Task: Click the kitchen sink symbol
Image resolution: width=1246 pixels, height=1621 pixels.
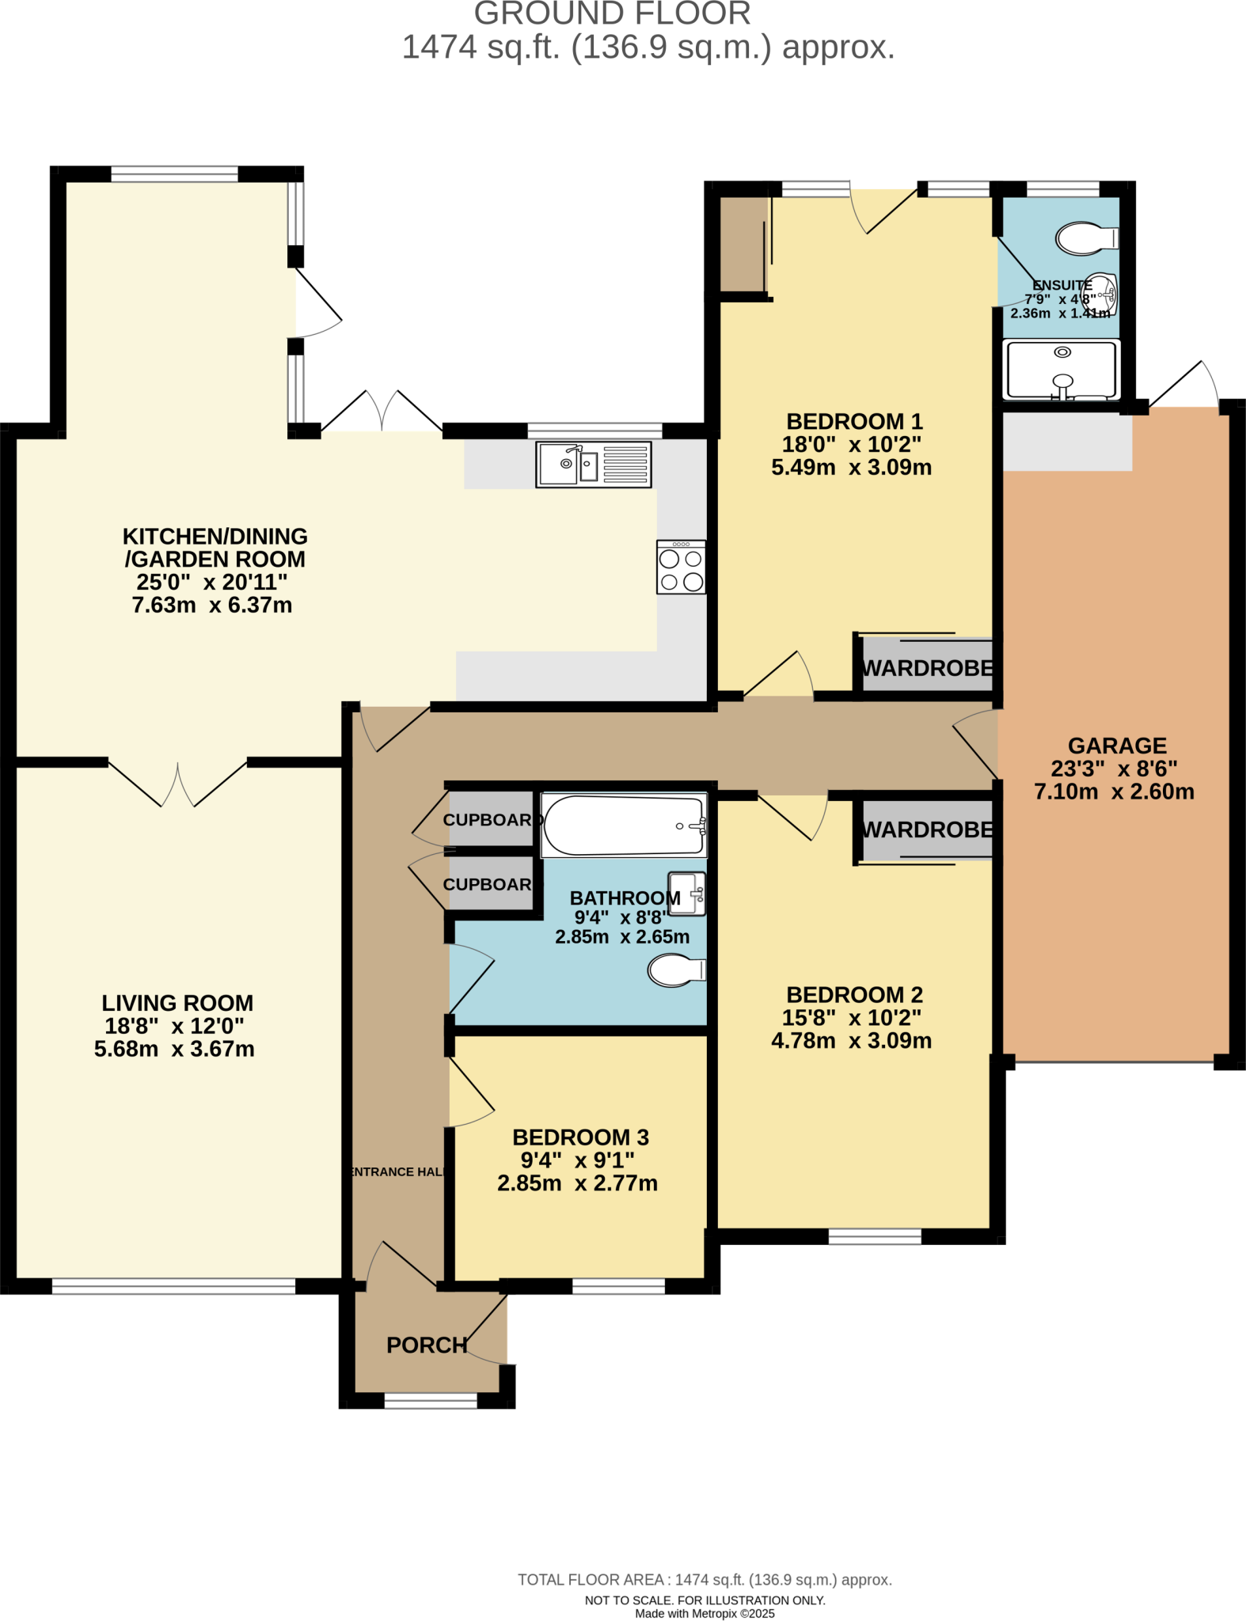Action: pyautogui.click(x=594, y=464)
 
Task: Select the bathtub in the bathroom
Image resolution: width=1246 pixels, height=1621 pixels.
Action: pyautogui.click(x=624, y=826)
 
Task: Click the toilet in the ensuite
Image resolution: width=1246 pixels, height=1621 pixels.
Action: pyautogui.click(x=1085, y=237)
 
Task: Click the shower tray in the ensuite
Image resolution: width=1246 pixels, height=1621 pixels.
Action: pyautogui.click(x=1061, y=370)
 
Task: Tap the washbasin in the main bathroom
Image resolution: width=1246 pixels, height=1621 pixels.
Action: pyautogui.click(x=686, y=894)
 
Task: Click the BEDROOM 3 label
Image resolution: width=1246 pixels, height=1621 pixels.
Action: pyautogui.click(x=580, y=1137)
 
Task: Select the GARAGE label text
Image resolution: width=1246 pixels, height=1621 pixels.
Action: pyautogui.click(x=1117, y=746)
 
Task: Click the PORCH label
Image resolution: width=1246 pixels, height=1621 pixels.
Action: pyautogui.click(x=427, y=1345)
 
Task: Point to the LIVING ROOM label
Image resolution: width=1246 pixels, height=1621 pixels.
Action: pyautogui.click(x=177, y=1003)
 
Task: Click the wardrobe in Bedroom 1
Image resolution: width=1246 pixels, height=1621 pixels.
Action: pyautogui.click(x=927, y=668)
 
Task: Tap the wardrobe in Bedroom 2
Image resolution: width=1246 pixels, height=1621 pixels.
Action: pyautogui.click(x=927, y=829)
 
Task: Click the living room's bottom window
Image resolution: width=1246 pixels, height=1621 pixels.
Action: pyautogui.click(x=173, y=1286)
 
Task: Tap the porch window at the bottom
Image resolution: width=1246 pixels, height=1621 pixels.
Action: pyautogui.click(x=431, y=1400)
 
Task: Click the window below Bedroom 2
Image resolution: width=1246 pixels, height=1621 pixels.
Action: pyautogui.click(x=875, y=1236)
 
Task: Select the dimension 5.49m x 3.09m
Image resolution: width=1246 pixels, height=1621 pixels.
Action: pyautogui.click(x=851, y=467)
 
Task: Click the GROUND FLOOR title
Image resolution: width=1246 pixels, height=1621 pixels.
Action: pyautogui.click(x=612, y=14)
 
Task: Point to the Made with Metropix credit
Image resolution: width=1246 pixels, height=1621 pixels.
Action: pyautogui.click(x=705, y=1613)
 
